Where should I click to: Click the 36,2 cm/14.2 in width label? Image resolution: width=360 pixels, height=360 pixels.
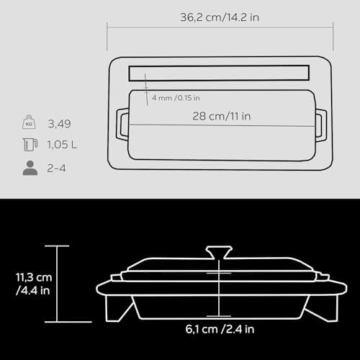220,17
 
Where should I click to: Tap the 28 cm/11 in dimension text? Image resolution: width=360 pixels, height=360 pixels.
222,117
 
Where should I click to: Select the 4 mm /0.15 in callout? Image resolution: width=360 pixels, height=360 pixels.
176,98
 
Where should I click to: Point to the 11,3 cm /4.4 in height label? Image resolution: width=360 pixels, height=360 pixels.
34,284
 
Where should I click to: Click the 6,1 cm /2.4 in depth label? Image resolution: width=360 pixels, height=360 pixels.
220,329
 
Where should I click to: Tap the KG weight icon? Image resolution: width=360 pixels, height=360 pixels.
29,122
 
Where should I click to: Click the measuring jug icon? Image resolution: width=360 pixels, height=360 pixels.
30,145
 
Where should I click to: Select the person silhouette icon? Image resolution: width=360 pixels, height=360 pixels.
30,168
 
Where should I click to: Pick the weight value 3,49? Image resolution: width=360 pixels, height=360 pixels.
59,124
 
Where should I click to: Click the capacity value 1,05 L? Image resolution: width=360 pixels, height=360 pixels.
62,145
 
